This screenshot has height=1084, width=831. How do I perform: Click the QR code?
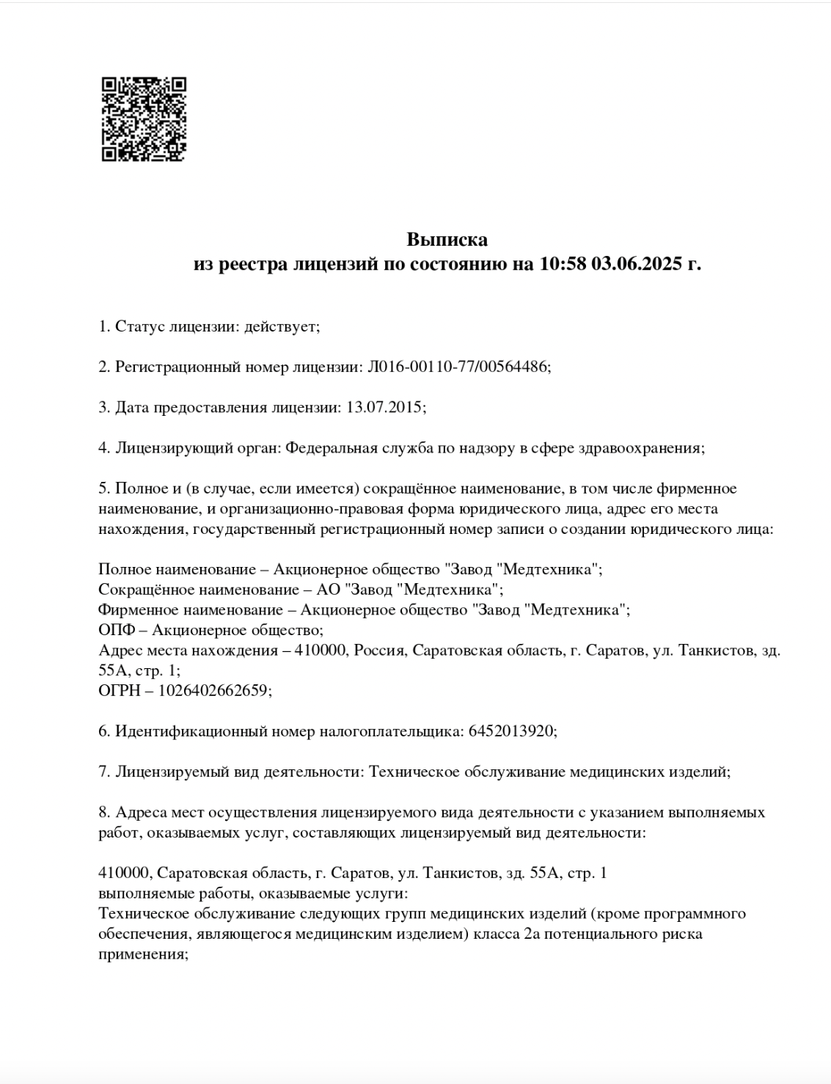[x=144, y=119]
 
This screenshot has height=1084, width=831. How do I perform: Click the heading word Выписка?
[x=447, y=240]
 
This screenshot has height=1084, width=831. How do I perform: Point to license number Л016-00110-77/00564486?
[x=455, y=367]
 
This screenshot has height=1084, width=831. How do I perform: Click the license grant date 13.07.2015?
[x=383, y=407]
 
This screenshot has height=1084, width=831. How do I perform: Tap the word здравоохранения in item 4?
[x=643, y=447]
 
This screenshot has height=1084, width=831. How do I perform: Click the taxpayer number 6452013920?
[x=510, y=731]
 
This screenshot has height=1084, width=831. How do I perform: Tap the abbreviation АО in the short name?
[x=327, y=590]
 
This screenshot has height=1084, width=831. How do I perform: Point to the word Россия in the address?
[x=379, y=651]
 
